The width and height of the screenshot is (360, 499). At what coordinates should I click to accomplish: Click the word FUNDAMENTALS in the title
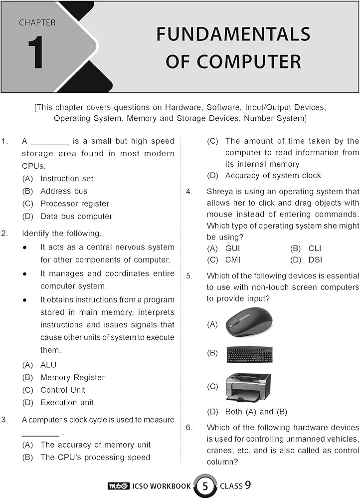click(x=233, y=34)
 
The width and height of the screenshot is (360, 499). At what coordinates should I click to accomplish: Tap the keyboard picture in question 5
click(x=249, y=354)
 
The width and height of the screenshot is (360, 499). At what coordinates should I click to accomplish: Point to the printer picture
click(x=248, y=387)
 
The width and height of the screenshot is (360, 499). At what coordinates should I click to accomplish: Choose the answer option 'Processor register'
click(x=74, y=204)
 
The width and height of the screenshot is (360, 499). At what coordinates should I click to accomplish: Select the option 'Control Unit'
click(x=63, y=390)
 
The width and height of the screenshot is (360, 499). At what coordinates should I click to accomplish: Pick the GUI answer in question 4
click(x=232, y=248)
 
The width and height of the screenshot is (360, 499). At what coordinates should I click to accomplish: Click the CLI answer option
click(x=315, y=248)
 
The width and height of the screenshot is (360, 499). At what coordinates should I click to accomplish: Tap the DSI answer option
click(x=315, y=259)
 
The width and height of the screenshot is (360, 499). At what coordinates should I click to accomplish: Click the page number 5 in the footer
click(x=204, y=486)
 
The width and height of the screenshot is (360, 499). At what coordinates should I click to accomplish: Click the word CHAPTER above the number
click(x=37, y=22)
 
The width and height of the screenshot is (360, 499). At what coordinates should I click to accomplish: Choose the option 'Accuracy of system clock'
click(x=273, y=175)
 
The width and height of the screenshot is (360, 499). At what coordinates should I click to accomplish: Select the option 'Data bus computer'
click(x=76, y=217)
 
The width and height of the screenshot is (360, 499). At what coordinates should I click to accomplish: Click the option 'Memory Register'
click(x=72, y=377)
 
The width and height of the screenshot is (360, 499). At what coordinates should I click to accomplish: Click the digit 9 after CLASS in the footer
click(x=248, y=485)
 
